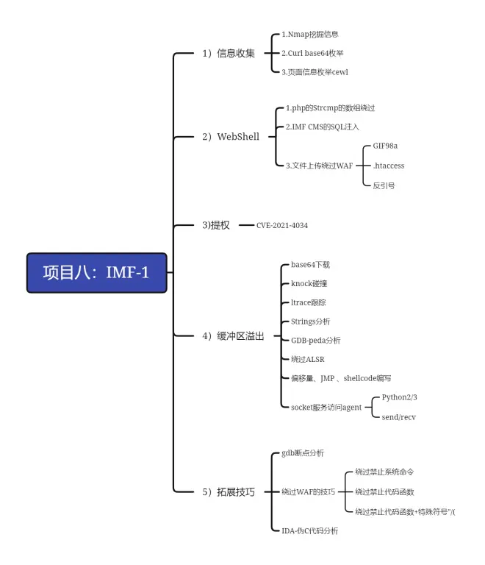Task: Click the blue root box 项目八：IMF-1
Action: click(96, 273)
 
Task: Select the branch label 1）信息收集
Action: click(229, 53)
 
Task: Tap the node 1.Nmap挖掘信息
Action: click(309, 34)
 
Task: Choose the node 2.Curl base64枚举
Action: click(312, 53)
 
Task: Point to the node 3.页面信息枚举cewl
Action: click(315, 72)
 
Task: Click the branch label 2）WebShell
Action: click(231, 136)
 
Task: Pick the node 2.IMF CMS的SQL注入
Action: click(323, 127)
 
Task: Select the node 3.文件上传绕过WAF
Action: click(320, 165)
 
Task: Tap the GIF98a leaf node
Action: click(385, 146)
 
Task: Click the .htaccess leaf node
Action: click(388, 166)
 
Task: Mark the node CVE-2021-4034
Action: click(282, 225)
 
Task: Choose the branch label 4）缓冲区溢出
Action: click(233, 336)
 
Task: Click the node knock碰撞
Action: click(309, 283)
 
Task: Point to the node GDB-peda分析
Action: click(315, 340)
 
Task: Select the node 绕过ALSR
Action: click(307, 359)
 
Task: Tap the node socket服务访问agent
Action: click(326, 407)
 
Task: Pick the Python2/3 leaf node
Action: click(399, 397)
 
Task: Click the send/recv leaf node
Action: click(400, 416)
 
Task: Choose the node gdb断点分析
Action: click(302, 453)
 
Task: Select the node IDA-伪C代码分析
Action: click(309, 530)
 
